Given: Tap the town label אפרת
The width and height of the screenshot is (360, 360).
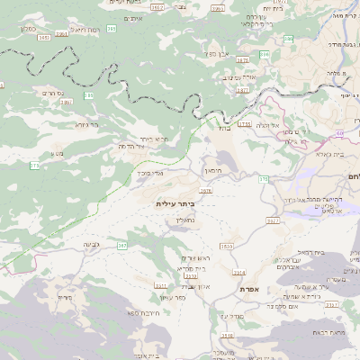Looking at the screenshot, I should [x=249, y=288].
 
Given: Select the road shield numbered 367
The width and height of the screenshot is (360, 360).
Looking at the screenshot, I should [x=121, y=245].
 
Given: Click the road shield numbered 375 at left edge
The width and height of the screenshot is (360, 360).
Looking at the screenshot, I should [x=34, y=165].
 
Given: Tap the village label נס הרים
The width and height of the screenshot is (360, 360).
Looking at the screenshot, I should [x=50, y=93].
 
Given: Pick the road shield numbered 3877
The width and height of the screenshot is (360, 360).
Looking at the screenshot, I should [x=241, y=90].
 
